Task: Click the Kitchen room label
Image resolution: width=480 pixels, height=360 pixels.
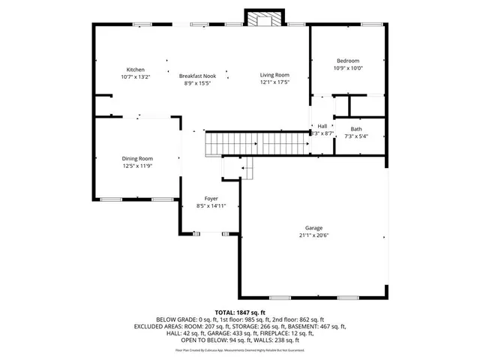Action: (x=135, y=70)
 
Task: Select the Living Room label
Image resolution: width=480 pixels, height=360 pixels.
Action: (x=274, y=75)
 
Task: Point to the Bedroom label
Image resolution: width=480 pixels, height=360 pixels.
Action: (x=347, y=61)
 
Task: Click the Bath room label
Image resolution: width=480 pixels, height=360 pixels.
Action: (x=355, y=129)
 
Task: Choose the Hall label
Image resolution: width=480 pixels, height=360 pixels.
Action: (x=322, y=126)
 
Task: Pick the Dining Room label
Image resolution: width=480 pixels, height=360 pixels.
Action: (x=137, y=158)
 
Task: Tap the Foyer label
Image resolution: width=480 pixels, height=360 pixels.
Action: (x=211, y=198)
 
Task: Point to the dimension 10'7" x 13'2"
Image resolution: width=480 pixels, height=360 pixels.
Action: (x=135, y=77)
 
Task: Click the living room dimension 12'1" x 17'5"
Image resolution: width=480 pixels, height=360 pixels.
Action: (x=274, y=82)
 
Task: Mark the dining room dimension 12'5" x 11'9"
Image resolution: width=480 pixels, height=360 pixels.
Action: (x=137, y=166)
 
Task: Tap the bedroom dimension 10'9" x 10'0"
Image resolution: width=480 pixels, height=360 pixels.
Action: (x=347, y=68)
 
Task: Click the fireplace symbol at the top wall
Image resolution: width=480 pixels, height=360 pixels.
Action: (x=265, y=20)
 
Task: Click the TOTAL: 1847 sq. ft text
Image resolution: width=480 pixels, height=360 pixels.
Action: (x=240, y=312)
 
